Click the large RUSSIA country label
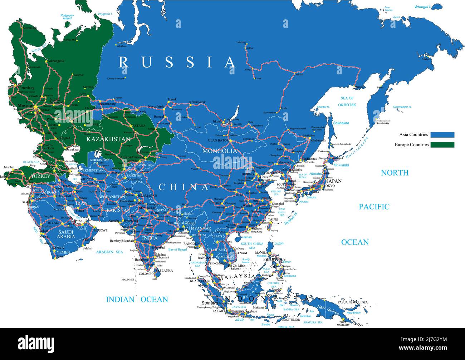click(x=177, y=62)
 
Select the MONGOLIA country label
click(x=219, y=151)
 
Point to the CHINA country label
click(x=183, y=187)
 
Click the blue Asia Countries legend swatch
click(x=442, y=135)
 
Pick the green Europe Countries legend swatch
click(x=442, y=145)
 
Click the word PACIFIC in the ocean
click(x=374, y=206)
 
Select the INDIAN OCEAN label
click(x=137, y=300)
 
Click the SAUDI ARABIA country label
click(x=66, y=234)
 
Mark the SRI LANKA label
click(x=163, y=270)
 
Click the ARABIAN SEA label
click(x=109, y=252)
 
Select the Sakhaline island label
click(x=341, y=123)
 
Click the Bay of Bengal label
click(x=178, y=250)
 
